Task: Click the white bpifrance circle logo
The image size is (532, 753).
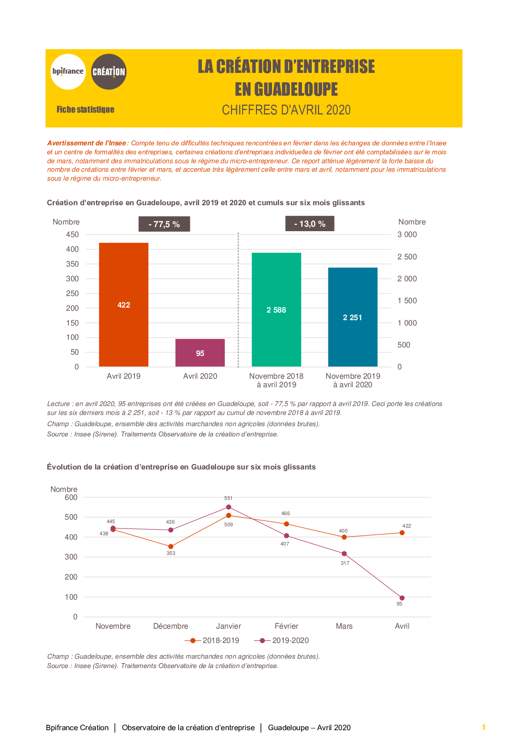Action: point(68,72)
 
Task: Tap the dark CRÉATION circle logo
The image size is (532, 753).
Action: point(109,72)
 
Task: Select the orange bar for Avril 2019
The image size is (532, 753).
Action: point(124,305)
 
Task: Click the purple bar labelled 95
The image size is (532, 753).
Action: point(200,353)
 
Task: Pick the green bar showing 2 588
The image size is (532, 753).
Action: point(276,309)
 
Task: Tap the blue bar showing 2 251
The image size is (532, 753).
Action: point(352,317)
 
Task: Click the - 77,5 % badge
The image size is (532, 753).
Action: point(164,224)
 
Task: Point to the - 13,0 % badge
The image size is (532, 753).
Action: point(310,224)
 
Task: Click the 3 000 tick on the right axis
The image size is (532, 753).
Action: point(407,235)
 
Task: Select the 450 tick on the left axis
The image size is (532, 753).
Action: point(72,235)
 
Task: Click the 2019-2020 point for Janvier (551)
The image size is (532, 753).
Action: point(229,507)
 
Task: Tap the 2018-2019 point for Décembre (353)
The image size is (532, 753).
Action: point(171,546)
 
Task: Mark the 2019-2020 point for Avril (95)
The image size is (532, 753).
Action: point(402,598)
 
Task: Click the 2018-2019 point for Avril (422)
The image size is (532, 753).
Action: point(402,533)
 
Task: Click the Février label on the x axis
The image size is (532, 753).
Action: point(286,626)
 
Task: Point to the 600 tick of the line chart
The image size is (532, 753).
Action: point(71,498)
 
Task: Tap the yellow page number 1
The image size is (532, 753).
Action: point(484,728)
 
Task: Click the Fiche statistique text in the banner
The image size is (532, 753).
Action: point(85,110)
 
